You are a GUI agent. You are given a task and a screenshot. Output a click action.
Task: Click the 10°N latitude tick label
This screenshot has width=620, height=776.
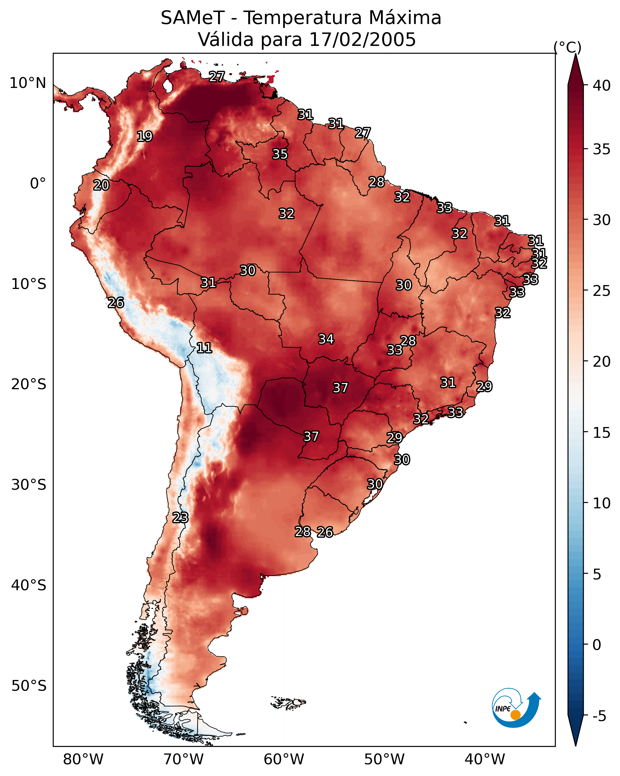[x=28, y=83]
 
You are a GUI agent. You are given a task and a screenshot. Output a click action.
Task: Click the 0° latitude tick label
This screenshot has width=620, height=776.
[x=38, y=184]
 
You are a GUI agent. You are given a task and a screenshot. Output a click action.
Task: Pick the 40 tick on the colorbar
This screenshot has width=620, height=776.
[x=602, y=86]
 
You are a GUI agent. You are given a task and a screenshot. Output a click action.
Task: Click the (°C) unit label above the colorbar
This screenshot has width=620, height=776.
[x=567, y=47]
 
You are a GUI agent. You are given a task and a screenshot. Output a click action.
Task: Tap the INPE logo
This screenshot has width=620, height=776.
[x=516, y=708]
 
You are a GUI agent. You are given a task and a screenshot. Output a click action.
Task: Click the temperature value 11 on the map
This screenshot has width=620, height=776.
[x=204, y=348]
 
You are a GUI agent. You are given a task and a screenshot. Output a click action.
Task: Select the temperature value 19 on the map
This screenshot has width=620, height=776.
[x=145, y=137]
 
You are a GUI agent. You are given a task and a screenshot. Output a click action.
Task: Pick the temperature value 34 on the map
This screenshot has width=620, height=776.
[x=326, y=339]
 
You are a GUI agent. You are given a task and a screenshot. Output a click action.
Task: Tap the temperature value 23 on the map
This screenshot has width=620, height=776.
[x=180, y=518]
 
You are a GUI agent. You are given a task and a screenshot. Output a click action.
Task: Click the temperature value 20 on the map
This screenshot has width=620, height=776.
[x=101, y=185]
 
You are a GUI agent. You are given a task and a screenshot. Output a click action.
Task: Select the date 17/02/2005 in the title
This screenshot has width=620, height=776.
[x=362, y=40]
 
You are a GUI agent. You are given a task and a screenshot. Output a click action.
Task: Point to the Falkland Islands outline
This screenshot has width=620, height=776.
[x=289, y=702]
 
